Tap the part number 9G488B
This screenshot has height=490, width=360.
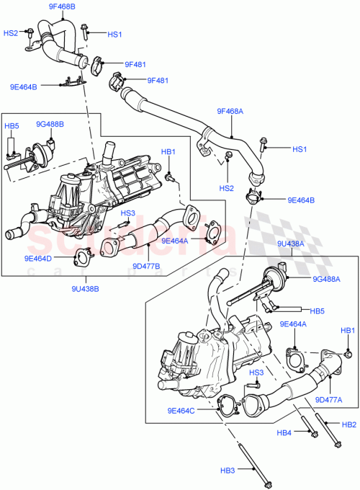(50, 124)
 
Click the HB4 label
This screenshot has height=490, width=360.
(285, 433)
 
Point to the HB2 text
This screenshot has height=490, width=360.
(348, 424)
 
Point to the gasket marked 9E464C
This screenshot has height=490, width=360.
(226, 405)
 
